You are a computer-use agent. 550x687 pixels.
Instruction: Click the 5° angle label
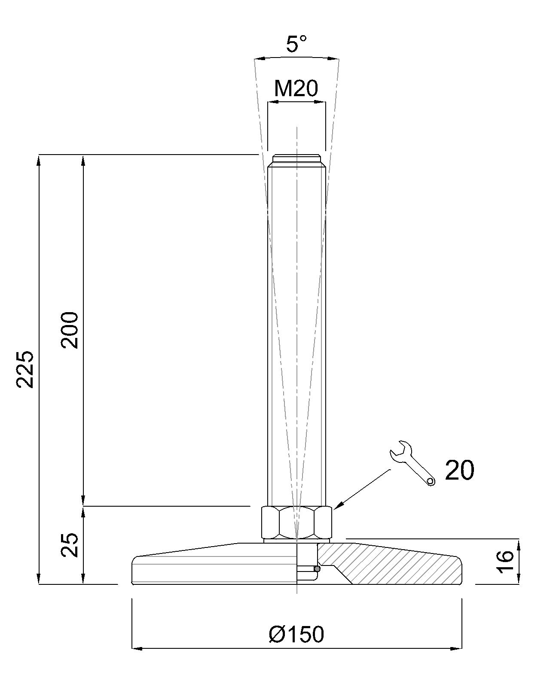296,44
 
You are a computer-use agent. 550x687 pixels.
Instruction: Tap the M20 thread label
296,89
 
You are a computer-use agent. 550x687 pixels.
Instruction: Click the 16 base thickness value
505,561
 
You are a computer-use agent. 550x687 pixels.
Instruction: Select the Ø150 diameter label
296,634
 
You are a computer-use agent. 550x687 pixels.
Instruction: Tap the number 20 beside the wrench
459,470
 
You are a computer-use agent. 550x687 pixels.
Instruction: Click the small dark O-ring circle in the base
317,569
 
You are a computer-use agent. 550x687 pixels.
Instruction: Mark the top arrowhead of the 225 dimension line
39,159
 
